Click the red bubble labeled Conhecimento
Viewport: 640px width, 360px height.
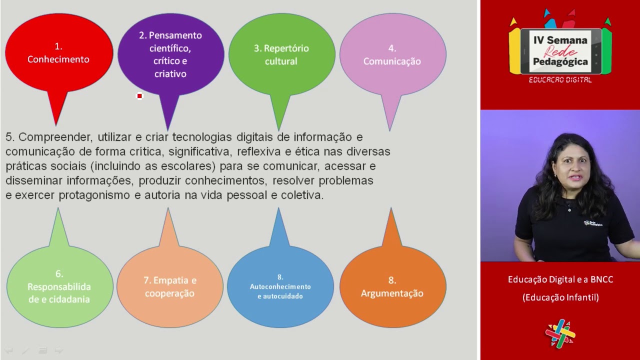click(x=58, y=54)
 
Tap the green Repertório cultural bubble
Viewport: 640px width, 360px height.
click(x=281, y=54)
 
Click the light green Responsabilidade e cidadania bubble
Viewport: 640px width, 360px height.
click(x=59, y=286)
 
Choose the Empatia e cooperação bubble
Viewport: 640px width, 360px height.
click(x=170, y=286)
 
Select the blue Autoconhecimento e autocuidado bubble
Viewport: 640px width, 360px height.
click(x=280, y=287)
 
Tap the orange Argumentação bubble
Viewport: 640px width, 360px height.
click(x=392, y=287)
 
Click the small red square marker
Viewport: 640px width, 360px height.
click(x=139, y=96)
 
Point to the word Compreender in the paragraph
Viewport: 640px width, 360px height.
click(x=55, y=137)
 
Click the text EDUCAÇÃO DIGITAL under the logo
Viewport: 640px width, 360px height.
click(x=560, y=80)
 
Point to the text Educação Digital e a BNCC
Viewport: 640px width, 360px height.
click(x=560, y=279)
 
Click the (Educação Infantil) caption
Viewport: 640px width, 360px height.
click(x=560, y=297)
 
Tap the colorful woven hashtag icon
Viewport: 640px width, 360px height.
click(x=560, y=333)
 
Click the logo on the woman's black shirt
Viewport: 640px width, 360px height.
click(x=593, y=223)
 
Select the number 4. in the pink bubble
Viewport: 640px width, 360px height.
click(x=392, y=48)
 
